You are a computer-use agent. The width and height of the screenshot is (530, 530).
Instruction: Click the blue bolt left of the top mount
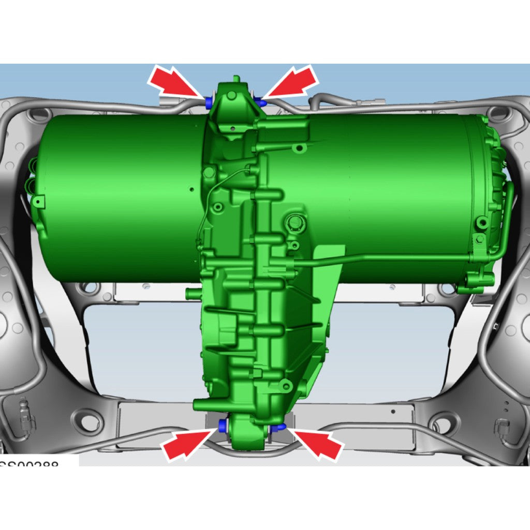tap(209, 102)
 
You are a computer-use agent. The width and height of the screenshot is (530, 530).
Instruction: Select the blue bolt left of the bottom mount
tap(223, 425)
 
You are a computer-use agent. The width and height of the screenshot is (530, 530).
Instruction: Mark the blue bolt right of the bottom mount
tap(280, 427)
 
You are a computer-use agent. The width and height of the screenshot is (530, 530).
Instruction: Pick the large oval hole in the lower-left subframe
tap(88, 419)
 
